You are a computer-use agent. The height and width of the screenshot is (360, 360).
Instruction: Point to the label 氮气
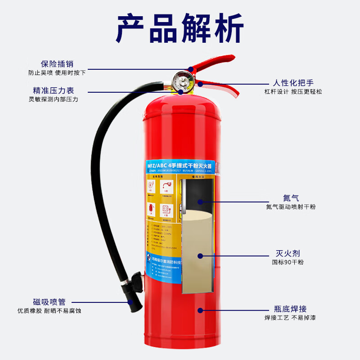[291, 198]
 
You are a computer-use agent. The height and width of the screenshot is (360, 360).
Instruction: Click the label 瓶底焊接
[290, 309]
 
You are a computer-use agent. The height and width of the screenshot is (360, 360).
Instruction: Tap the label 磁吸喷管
[49, 302]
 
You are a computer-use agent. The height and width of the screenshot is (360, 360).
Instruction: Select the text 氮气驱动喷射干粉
[291, 207]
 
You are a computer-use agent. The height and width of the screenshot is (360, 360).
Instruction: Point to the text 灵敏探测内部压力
[53, 99]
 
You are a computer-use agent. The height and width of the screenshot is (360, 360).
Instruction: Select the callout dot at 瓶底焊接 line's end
[200, 310]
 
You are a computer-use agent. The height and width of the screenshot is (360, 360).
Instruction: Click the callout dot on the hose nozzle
[130, 302]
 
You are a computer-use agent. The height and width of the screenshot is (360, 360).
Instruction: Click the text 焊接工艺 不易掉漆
[290, 318]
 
